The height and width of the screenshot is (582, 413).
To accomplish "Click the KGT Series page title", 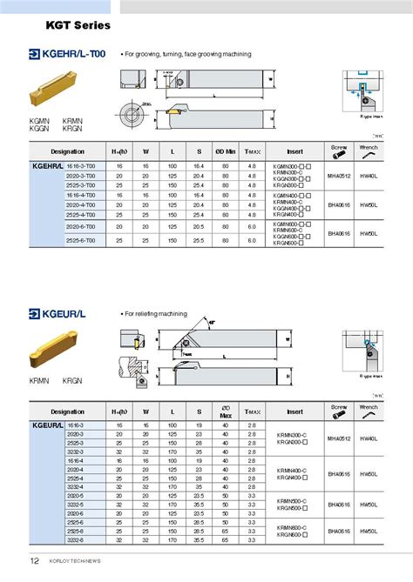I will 75,26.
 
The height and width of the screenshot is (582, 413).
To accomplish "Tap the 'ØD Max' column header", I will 225,410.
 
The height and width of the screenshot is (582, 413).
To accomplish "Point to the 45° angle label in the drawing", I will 211,323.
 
